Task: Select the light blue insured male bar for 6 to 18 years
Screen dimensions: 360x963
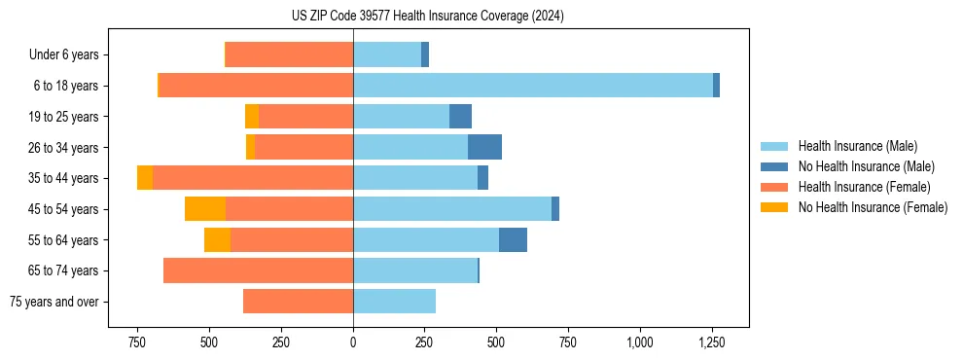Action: click(532, 86)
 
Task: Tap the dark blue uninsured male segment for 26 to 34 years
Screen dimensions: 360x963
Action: click(484, 147)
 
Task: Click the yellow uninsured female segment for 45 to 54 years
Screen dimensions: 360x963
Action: click(205, 208)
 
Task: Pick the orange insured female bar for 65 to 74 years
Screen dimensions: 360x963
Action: click(258, 270)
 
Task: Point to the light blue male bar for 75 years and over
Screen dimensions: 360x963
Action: click(394, 302)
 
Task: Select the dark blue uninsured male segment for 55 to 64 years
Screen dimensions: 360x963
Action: click(513, 239)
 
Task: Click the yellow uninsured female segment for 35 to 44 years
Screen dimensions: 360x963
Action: click(145, 178)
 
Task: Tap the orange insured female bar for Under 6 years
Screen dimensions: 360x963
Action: click(289, 54)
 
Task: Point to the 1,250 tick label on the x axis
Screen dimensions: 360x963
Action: click(711, 342)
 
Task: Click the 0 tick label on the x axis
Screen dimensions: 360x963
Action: click(353, 342)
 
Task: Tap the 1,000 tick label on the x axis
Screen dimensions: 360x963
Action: click(639, 342)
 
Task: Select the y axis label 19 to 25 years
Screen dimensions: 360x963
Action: click(64, 117)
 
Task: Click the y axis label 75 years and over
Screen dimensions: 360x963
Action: click(54, 302)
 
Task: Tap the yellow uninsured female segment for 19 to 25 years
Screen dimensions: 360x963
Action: click(252, 117)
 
